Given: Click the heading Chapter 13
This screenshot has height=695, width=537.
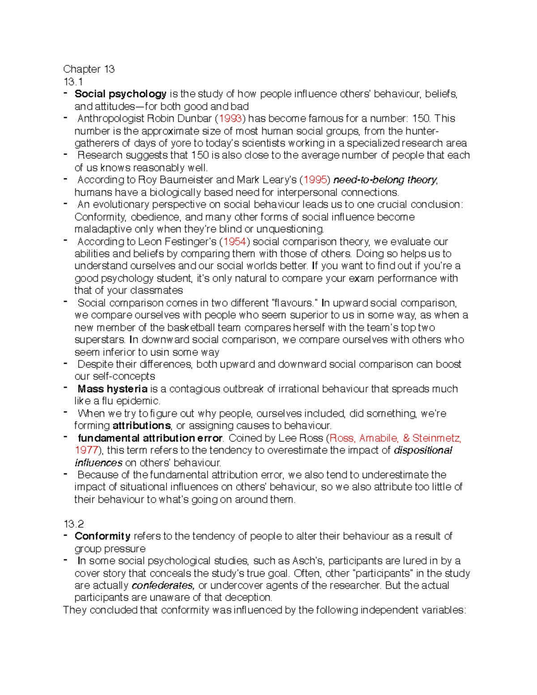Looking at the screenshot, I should point(89,69).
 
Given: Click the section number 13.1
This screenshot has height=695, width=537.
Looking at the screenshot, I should point(73,81).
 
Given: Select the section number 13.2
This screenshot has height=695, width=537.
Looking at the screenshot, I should point(73,524).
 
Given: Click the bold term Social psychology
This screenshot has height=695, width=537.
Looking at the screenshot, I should point(120,94).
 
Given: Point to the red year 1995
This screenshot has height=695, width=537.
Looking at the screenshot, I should point(315,180).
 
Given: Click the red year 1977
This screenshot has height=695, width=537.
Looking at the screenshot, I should point(86,450).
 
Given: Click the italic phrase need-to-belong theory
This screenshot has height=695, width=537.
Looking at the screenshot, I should point(385,180).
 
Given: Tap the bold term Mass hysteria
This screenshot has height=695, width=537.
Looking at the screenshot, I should point(112,389).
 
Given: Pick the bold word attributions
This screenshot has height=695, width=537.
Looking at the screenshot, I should point(141,426).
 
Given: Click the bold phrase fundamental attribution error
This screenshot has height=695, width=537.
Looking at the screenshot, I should point(150,438).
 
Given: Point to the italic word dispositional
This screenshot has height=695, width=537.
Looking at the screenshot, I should point(423,450).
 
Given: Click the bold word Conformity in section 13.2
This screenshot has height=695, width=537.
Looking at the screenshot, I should point(102,536).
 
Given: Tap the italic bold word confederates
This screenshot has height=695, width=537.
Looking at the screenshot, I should point(163,585).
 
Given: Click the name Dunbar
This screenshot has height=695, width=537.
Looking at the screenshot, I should point(194,119).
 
